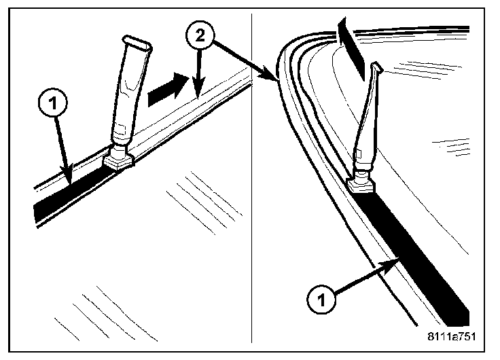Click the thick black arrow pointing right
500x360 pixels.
tap(166, 88)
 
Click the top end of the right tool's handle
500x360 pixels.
tap(378, 68)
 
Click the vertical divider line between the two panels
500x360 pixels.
tap(252, 204)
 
